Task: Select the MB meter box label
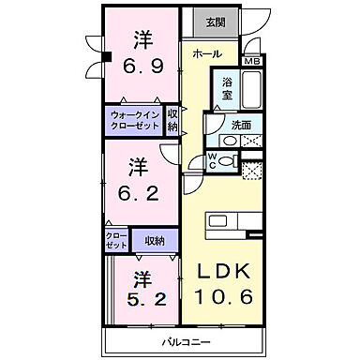(251, 62)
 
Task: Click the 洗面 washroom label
(241, 124)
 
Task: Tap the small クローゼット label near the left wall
(116, 241)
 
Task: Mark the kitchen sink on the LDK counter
(217, 221)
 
